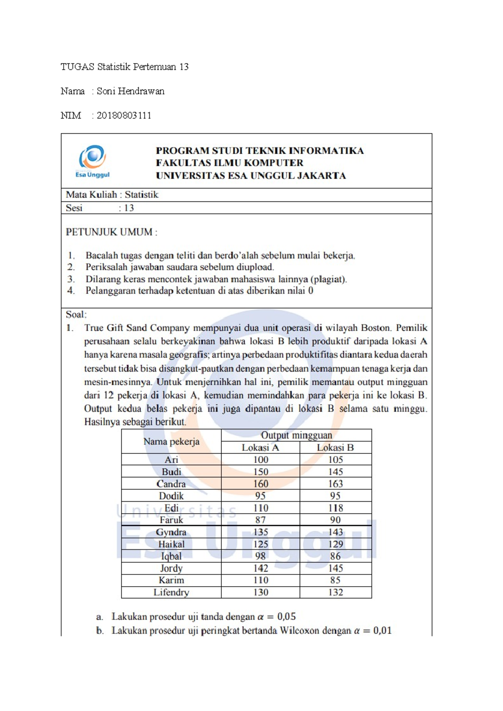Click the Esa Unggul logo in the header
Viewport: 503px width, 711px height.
click(93, 161)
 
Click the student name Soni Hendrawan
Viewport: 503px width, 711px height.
click(130, 91)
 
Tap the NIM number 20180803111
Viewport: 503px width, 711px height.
click(124, 116)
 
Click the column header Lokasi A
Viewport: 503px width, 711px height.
click(260, 448)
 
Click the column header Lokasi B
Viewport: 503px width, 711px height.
click(335, 448)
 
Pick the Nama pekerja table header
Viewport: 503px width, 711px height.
click(171, 441)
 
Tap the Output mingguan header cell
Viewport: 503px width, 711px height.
click(296, 435)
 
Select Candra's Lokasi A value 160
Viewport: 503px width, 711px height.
click(260, 484)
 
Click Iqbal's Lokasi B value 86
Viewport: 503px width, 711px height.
click(335, 556)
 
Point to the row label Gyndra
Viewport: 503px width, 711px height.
click(171, 532)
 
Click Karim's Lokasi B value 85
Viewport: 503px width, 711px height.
click(335, 580)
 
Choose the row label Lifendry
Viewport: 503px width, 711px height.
click(171, 592)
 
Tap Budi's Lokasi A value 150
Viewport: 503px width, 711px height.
click(260, 472)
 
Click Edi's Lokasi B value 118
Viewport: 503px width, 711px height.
click(335, 508)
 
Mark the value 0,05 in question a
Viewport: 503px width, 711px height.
click(286, 616)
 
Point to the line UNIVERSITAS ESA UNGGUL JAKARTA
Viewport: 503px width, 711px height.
click(251, 176)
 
